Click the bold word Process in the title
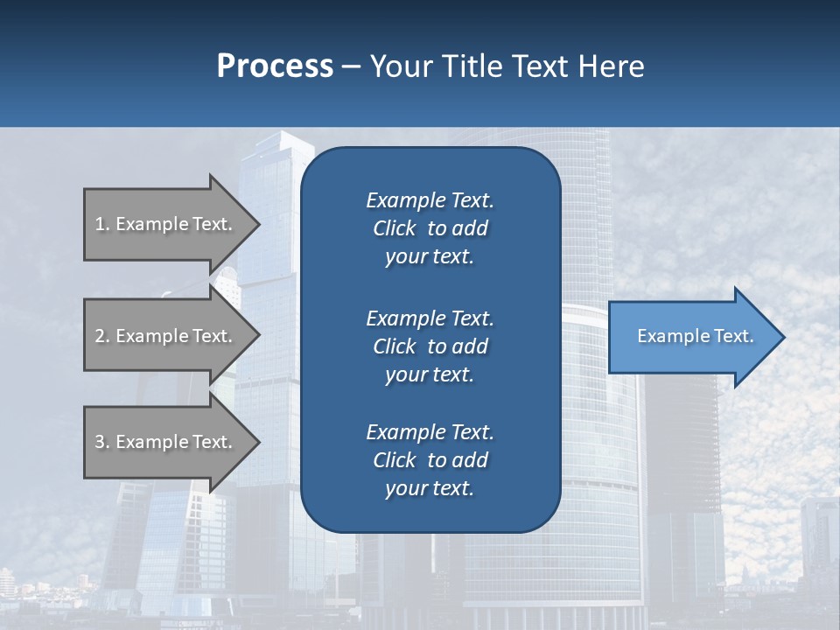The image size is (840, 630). (x=275, y=66)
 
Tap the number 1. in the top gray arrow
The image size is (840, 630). (x=102, y=224)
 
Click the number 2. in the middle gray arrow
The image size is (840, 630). (x=102, y=336)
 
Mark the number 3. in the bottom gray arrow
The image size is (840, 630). (x=102, y=442)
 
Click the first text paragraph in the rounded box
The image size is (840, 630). (x=430, y=228)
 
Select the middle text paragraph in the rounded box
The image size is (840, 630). (x=430, y=346)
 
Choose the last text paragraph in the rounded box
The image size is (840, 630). (x=430, y=460)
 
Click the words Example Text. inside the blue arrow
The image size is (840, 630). (x=696, y=336)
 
